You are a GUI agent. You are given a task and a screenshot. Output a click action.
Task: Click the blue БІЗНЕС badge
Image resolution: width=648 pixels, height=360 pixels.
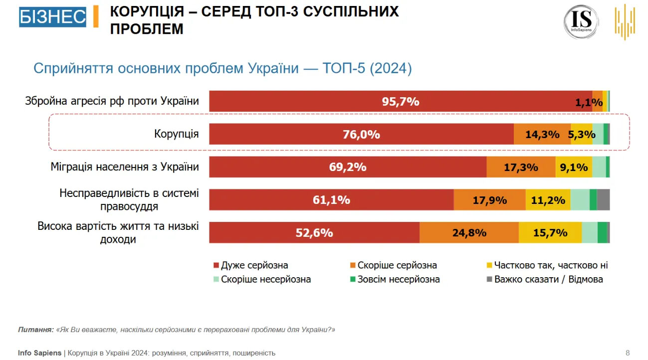click(x=52, y=17)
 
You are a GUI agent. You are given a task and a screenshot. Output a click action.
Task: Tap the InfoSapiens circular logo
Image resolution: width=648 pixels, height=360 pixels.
click(x=581, y=21)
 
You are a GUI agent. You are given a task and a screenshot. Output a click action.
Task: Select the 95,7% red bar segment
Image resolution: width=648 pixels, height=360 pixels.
click(x=401, y=101)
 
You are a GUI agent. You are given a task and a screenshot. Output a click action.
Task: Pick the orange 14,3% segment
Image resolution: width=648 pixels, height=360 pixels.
click(x=542, y=134)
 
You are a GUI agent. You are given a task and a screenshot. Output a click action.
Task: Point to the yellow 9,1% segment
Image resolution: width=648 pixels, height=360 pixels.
click(x=574, y=167)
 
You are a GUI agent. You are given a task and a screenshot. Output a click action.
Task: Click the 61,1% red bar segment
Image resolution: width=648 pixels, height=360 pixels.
click(x=331, y=200)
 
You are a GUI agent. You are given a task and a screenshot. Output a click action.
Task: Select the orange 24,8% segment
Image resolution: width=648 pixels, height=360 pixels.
click(x=469, y=232)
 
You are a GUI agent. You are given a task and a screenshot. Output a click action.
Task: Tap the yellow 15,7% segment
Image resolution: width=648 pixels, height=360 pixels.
click(x=550, y=232)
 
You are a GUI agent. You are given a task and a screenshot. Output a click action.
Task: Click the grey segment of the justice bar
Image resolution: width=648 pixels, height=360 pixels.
click(x=603, y=200)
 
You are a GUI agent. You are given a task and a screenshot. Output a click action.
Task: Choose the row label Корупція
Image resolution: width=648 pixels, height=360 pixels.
click(x=176, y=134)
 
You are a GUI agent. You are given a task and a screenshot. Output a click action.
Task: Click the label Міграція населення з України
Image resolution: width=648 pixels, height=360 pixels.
click(x=125, y=167)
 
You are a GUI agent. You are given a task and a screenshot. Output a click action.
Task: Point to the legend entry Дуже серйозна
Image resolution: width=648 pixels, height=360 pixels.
click(x=254, y=265)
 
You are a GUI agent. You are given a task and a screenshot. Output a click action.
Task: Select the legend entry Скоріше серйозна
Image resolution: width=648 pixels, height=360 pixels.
click(x=397, y=265)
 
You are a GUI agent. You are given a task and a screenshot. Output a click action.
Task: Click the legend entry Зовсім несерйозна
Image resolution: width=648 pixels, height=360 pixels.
click(x=399, y=279)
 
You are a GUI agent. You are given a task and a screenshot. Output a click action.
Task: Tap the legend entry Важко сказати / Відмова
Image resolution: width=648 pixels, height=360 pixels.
click(x=548, y=279)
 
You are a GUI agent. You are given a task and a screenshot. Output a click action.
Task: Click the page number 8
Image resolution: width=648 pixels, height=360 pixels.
click(x=628, y=353)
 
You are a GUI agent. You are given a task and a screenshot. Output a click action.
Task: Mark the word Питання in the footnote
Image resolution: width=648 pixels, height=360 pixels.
click(x=35, y=330)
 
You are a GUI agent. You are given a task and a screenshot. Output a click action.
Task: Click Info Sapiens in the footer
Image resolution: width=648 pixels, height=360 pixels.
click(x=40, y=353)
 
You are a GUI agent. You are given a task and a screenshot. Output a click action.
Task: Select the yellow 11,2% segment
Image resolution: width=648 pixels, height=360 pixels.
click(x=548, y=200)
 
